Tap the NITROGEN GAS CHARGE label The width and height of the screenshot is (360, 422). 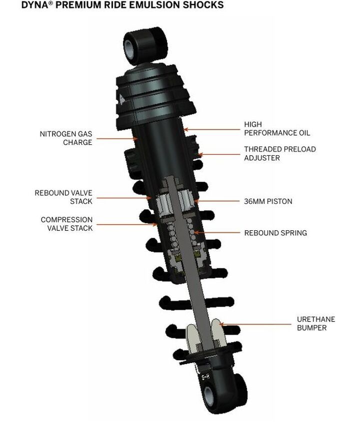pos(66,138)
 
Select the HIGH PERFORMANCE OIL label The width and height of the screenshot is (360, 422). pos(277,129)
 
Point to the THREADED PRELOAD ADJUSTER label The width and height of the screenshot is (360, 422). pos(280,153)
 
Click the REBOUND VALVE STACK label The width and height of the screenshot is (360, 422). pos(63,197)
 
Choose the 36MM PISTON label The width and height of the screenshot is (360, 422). pos(268,201)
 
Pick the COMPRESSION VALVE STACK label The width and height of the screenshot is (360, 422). pos(67,224)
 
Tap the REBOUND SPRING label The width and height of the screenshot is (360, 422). pos(275,233)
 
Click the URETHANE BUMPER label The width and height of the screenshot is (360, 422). pos(316,324)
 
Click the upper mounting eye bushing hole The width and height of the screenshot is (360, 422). pos(130,48)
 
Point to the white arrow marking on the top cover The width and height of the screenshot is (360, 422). pos(121,99)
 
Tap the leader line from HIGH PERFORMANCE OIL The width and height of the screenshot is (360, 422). pos(211,129)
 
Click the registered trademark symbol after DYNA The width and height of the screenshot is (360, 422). pos(50,3)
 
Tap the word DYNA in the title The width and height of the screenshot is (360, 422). pos(34,5)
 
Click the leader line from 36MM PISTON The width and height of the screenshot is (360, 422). pos(216,201)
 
